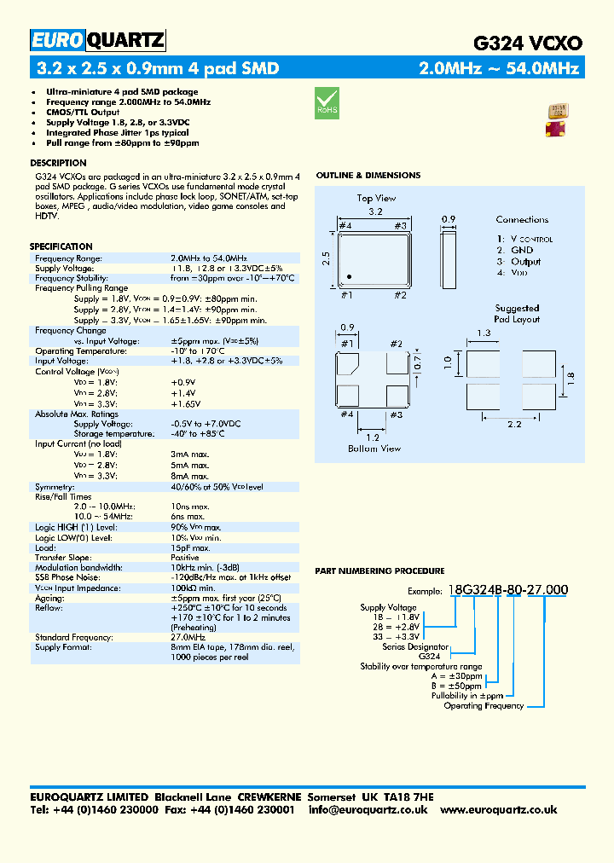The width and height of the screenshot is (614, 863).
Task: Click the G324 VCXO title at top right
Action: click(528, 43)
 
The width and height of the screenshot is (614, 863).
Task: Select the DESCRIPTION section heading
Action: click(58, 163)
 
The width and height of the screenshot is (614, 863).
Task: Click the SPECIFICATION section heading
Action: click(61, 246)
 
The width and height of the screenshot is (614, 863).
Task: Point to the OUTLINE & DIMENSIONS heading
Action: click(368, 176)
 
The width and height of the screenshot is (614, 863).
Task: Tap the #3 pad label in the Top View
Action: click(400, 225)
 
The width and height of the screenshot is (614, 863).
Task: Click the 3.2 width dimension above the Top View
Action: click(374, 210)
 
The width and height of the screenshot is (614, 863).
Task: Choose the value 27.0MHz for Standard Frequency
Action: click(188, 637)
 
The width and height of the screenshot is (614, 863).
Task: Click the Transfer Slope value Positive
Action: click(185, 558)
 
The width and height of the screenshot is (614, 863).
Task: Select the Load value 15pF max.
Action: click(190, 547)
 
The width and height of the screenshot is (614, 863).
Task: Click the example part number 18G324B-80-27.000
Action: click(507, 590)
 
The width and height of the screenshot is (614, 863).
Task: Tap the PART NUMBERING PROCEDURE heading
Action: click(379, 571)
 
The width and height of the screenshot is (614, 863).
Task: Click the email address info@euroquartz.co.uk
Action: click(368, 809)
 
